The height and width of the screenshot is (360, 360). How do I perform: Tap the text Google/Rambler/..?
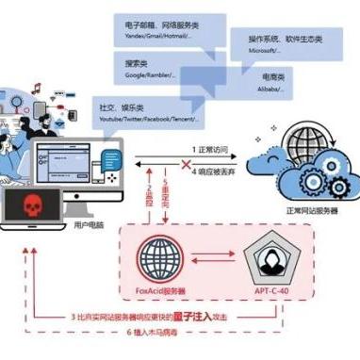[152, 77]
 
